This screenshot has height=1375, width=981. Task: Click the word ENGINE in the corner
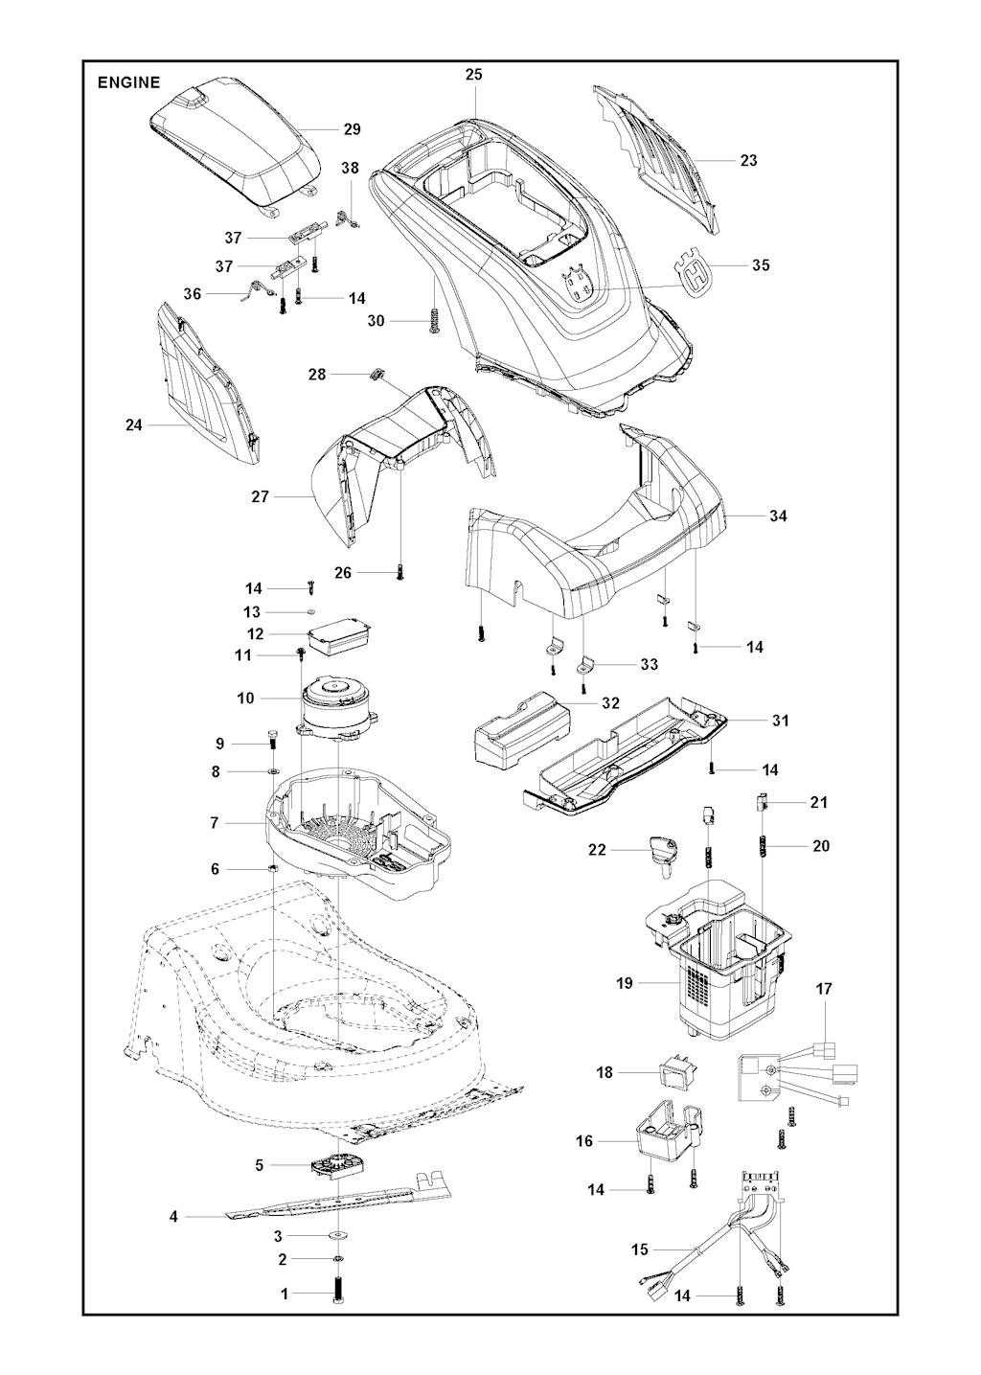tap(128, 82)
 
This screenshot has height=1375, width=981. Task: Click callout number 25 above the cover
tap(474, 75)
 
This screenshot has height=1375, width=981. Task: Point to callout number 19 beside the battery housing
tap(625, 983)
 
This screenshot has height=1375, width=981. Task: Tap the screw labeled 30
tap(435, 319)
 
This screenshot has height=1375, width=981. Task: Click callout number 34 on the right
tap(779, 516)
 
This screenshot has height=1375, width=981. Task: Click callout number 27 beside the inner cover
tap(261, 496)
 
